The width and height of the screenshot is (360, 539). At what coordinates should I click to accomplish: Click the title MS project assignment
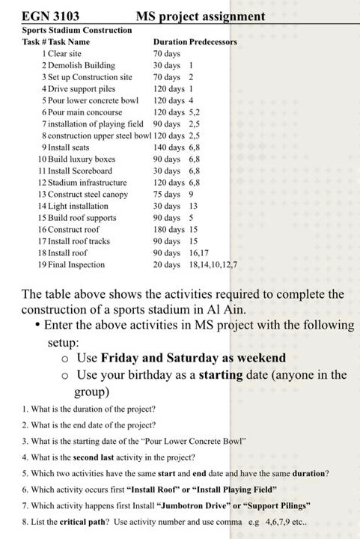(x=201, y=16)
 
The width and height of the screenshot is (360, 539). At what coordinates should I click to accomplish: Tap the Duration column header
(x=170, y=42)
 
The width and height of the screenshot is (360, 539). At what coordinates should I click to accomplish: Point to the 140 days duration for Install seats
(x=168, y=147)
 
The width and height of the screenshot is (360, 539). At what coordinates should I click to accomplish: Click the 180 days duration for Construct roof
(x=168, y=229)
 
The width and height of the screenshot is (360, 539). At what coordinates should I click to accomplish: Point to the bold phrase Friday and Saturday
(x=155, y=358)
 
